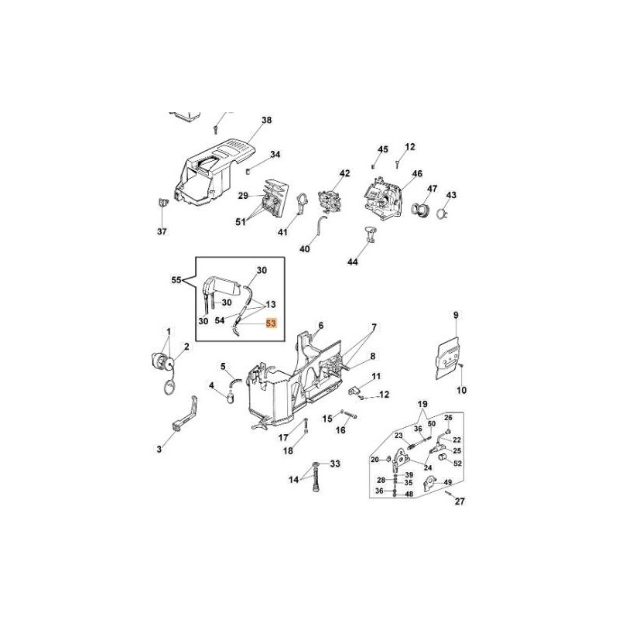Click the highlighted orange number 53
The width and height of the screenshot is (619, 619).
point(272,323)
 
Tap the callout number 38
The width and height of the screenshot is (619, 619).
point(267,120)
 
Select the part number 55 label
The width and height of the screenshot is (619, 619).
point(176,280)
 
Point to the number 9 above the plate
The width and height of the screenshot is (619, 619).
point(456,315)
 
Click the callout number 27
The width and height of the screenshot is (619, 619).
point(460,501)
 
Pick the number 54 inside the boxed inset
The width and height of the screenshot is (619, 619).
point(220,320)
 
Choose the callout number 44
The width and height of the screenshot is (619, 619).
point(353,262)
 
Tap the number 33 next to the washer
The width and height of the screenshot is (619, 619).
point(335,463)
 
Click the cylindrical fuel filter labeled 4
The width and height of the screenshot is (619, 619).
point(230,395)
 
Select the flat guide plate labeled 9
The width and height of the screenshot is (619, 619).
point(447,358)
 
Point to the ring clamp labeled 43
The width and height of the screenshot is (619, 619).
point(443,214)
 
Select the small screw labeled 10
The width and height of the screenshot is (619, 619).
point(460,366)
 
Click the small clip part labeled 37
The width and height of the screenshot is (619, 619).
point(162,202)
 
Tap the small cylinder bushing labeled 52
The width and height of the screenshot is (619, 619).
point(443,457)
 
